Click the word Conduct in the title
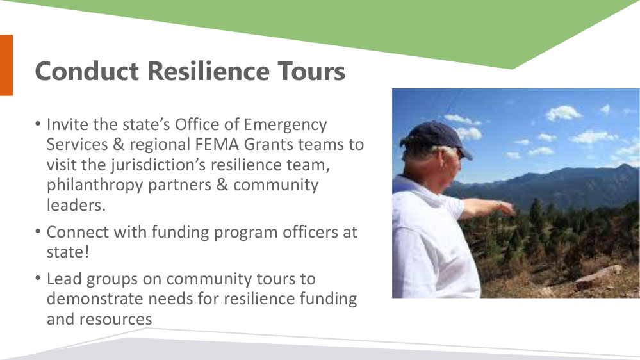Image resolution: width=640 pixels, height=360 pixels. pyautogui.click(x=87, y=71)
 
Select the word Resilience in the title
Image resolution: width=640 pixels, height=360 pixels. pyautogui.click(x=208, y=71)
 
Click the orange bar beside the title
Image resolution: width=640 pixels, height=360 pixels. pyautogui.click(x=6, y=65)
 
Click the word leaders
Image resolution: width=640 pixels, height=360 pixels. pyautogui.click(x=76, y=205)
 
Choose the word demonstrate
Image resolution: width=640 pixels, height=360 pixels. pyautogui.click(x=95, y=299)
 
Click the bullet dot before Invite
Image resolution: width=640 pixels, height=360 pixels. pyautogui.click(x=38, y=123)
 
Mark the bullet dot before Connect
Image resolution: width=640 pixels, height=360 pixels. pyautogui.click(x=38, y=231)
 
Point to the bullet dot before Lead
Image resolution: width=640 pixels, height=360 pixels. pyautogui.click(x=38, y=278)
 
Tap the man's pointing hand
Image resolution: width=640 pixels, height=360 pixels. pyautogui.click(x=506, y=208)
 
